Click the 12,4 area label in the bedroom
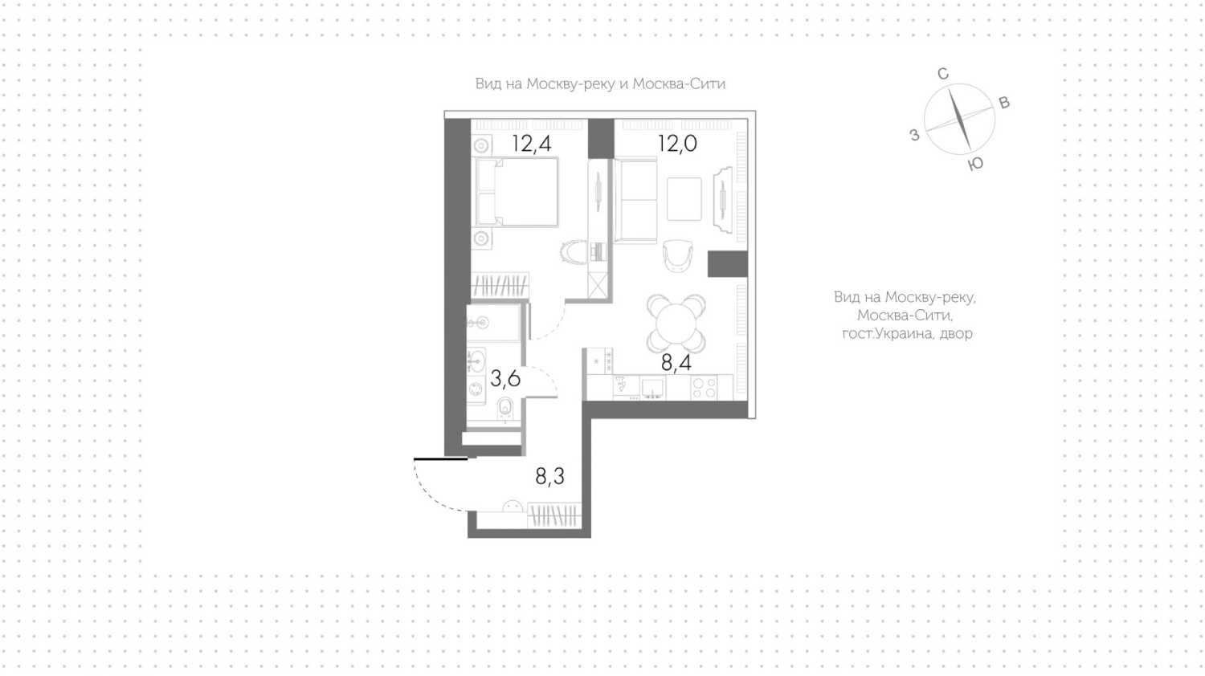[x=532, y=144]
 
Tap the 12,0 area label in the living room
[x=677, y=144]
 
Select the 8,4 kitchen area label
[x=676, y=363]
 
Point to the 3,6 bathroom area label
[x=505, y=379]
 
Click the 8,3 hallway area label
[x=549, y=476]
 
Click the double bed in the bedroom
[x=517, y=192]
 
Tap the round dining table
[x=676, y=323]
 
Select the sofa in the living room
[x=636, y=200]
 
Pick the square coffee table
[x=684, y=199]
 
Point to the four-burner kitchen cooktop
[x=704, y=387]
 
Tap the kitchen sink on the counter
[x=653, y=387]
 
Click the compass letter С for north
[x=942, y=74]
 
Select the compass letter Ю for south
[x=975, y=164]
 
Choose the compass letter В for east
[x=1004, y=103]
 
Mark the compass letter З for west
[x=914, y=134]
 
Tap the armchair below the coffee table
[x=677, y=256]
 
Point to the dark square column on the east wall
[x=727, y=264]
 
